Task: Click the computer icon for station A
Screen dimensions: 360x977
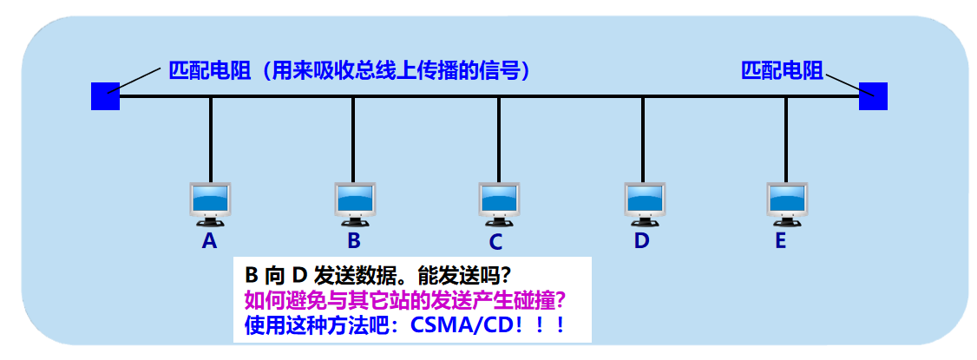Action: pos(209,203)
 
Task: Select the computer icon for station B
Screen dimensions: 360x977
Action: pos(354,203)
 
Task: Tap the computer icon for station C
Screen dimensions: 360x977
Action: pos(499,203)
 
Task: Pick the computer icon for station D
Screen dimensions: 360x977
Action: pos(643,203)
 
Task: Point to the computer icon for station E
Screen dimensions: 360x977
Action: pos(786,203)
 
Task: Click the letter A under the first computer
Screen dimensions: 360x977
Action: pos(209,240)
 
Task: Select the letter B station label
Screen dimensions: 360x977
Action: pos(354,240)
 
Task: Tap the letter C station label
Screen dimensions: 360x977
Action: pos(495,241)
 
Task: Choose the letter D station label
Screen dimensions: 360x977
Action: pos(641,240)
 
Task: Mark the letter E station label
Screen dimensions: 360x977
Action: pos(780,240)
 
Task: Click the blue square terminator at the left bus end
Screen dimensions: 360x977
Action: pos(105,95)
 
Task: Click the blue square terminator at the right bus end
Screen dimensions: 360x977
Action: pos(873,95)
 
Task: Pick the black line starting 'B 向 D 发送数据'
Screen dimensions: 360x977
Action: pos(377,275)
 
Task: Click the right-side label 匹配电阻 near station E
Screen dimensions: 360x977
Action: pos(782,70)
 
